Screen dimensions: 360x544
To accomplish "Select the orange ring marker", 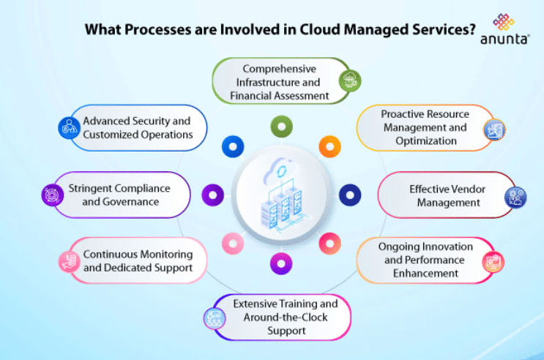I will pyautogui.click(x=327, y=146).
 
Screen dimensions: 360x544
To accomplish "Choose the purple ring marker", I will pyautogui.click(x=212, y=194).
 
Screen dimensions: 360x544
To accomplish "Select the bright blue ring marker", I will pyautogui.click(x=233, y=146).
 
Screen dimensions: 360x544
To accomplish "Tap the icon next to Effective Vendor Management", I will pyautogui.click(x=515, y=195).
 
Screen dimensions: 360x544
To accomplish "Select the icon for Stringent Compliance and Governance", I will pyautogui.click(x=53, y=194).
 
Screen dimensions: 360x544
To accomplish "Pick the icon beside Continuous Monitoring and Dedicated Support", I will pyautogui.click(x=68, y=261).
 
